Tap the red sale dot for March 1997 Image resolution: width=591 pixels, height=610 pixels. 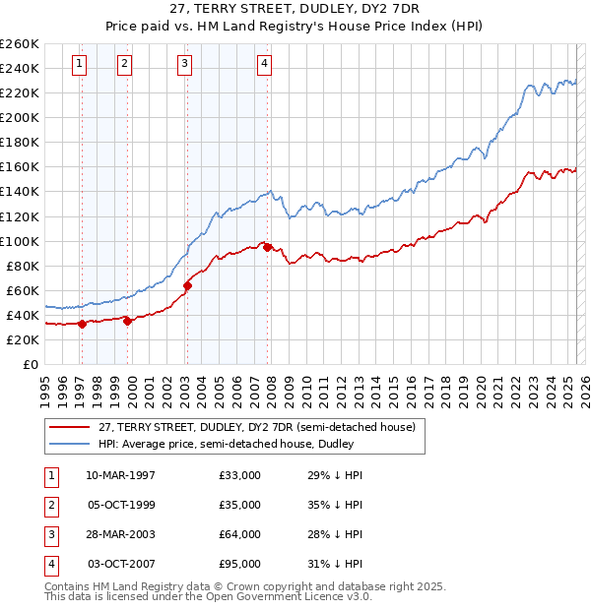click(x=82, y=324)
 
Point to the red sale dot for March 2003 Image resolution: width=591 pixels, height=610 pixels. click(x=187, y=285)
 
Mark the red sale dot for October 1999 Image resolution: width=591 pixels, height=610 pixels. click(x=127, y=321)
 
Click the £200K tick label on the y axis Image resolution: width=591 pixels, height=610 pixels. click(x=19, y=117)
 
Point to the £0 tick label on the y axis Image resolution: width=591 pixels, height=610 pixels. click(x=30, y=364)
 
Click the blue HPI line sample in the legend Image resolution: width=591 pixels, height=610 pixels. click(x=70, y=445)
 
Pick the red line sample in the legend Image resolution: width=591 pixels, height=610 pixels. click(x=70, y=427)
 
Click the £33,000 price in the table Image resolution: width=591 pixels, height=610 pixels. click(x=240, y=475)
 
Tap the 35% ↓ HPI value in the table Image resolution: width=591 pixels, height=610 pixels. click(x=335, y=505)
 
